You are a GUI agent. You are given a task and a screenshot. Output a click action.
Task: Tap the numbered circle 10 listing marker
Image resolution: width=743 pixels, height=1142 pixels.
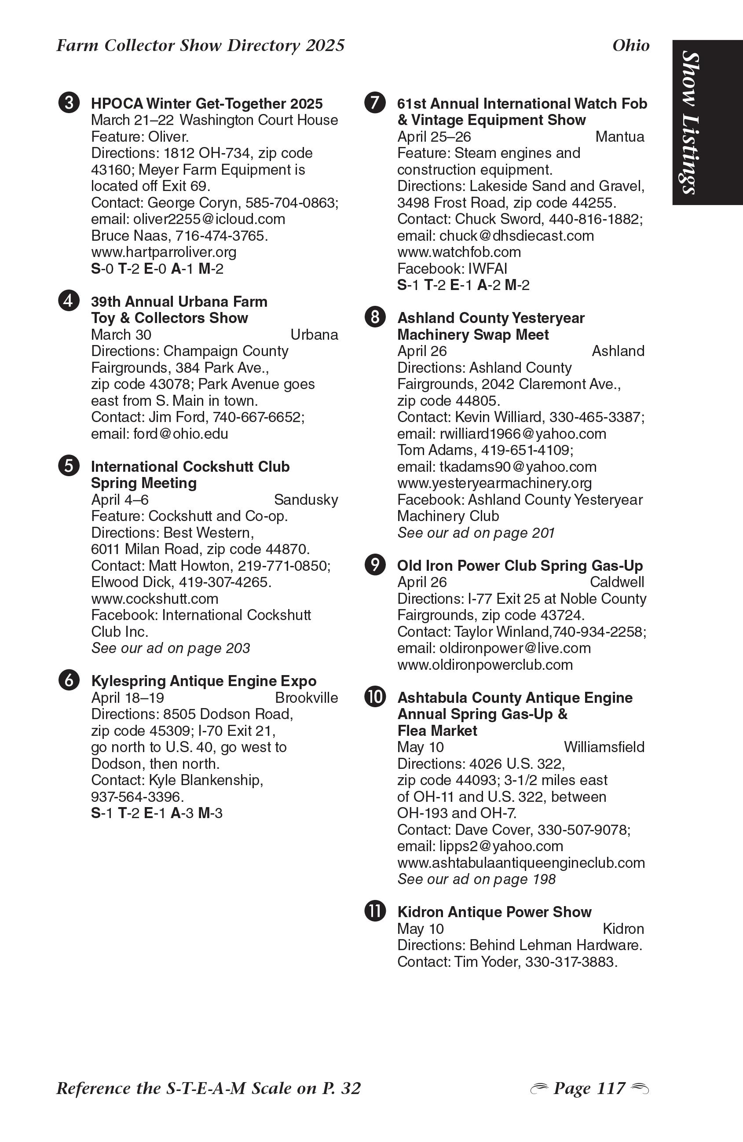(x=375, y=697)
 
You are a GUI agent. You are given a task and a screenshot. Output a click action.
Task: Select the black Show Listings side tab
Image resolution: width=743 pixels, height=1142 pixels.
(x=707, y=123)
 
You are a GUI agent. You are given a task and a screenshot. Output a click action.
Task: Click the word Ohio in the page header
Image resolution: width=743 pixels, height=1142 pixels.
(x=631, y=46)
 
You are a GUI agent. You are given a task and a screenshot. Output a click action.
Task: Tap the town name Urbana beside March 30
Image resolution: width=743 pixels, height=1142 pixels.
(x=314, y=335)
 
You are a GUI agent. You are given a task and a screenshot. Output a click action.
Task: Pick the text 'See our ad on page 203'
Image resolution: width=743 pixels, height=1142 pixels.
(x=171, y=648)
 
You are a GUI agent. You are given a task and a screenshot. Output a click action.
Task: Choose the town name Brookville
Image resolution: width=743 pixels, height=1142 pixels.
(x=307, y=698)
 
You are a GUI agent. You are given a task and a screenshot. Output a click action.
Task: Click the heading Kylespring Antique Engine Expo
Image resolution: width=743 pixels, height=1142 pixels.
(x=204, y=681)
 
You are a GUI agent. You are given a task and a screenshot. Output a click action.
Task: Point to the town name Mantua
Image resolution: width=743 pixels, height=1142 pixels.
(x=620, y=137)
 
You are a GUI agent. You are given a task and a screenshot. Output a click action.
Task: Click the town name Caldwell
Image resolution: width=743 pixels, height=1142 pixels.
(x=617, y=582)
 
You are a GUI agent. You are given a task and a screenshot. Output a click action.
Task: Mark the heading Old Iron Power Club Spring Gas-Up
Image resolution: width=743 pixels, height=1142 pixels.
(x=520, y=566)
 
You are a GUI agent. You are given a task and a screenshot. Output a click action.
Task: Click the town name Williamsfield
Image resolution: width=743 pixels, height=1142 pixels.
(x=604, y=747)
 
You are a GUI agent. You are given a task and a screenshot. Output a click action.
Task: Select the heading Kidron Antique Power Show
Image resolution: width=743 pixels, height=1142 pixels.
(x=494, y=912)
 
